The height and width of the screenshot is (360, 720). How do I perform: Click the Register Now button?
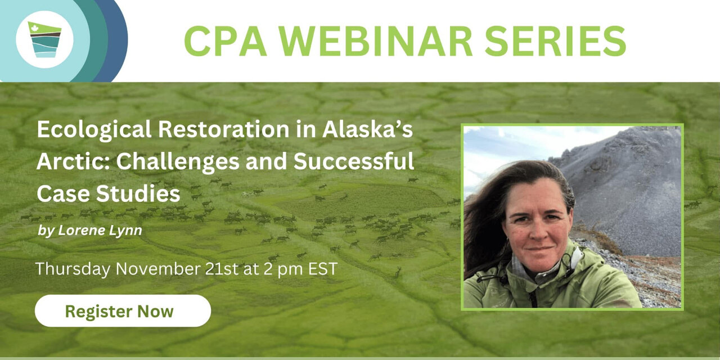pyautogui.click(x=123, y=311)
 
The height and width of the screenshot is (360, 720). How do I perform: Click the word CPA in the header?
pyautogui.click(x=226, y=41)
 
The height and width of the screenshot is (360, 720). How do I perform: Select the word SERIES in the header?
pyautogui.click(x=555, y=41)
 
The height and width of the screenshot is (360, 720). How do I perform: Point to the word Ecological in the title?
pyautogui.click(x=94, y=130)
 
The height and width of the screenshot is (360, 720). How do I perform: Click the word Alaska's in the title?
pyautogui.click(x=367, y=129)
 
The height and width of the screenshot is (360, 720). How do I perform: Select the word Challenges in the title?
pyautogui.click(x=178, y=162)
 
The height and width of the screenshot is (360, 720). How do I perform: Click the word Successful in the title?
pyautogui.click(x=354, y=161)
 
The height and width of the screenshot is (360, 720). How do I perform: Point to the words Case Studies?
pyautogui.click(x=109, y=193)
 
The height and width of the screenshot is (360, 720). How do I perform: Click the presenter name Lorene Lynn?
pyautogui.click(x=100, y=231)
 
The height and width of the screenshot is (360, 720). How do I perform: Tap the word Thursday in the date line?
pyautogui.click(x=73, y=269)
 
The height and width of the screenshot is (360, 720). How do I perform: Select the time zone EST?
pyautogui.click(x=323, y=269)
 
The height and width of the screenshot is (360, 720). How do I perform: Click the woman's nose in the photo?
pyautogui.click(x=538, y=232)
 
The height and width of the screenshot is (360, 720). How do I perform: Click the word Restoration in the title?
pyautogui.click(x=223, y=129)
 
